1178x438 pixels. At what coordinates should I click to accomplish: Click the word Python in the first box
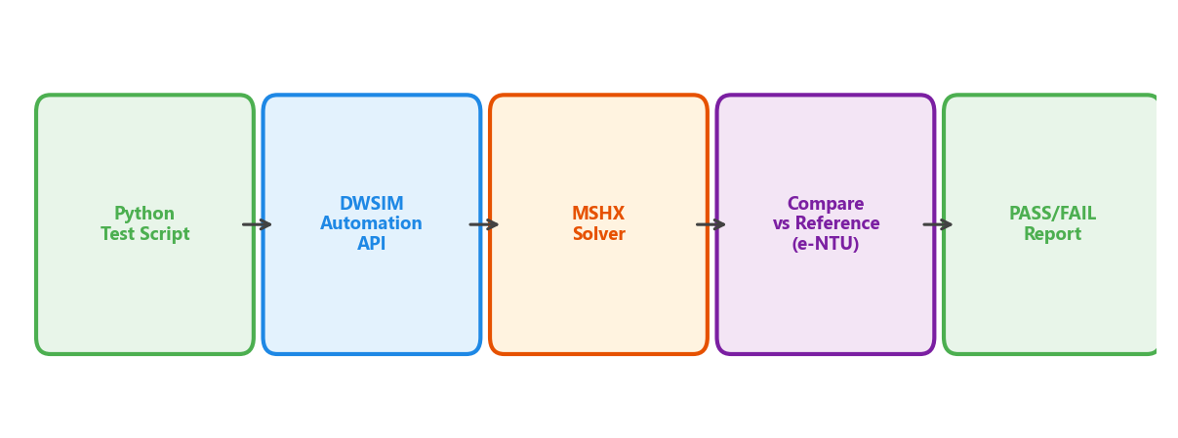pos(144,214)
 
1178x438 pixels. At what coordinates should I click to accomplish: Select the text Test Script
pos(144,235)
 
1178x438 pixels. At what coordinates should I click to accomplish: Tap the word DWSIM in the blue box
pos(371,204)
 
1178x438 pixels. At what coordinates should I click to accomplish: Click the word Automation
pos(371,224)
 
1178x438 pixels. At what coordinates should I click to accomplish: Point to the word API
pos(371,245)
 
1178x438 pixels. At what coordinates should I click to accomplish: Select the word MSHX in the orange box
pos(598,214)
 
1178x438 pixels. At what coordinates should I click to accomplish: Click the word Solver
pos(598,235)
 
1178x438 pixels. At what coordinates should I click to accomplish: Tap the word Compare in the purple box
pos(825,204)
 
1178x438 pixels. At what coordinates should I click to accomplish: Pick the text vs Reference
pos(826,224)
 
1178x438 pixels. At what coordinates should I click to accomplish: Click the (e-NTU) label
pos(825,245)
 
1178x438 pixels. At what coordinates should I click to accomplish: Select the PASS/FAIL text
pos(1052,214)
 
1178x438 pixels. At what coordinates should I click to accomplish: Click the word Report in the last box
pos(1052,235)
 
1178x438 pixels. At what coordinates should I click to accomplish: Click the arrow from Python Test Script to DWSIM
pos(257,224)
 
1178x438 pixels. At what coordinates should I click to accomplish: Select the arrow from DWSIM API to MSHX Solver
pos(484,224)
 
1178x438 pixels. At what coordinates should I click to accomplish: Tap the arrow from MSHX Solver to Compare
pos(711,224)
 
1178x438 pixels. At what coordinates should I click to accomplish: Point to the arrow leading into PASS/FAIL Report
pos(938,224)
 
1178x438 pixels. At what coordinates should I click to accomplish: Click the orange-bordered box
pos(598,302)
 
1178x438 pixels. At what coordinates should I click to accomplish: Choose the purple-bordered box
pos(825,302)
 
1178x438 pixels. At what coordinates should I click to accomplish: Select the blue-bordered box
pos(371,302)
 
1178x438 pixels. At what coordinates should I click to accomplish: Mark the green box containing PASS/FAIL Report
pos(1052,302)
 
